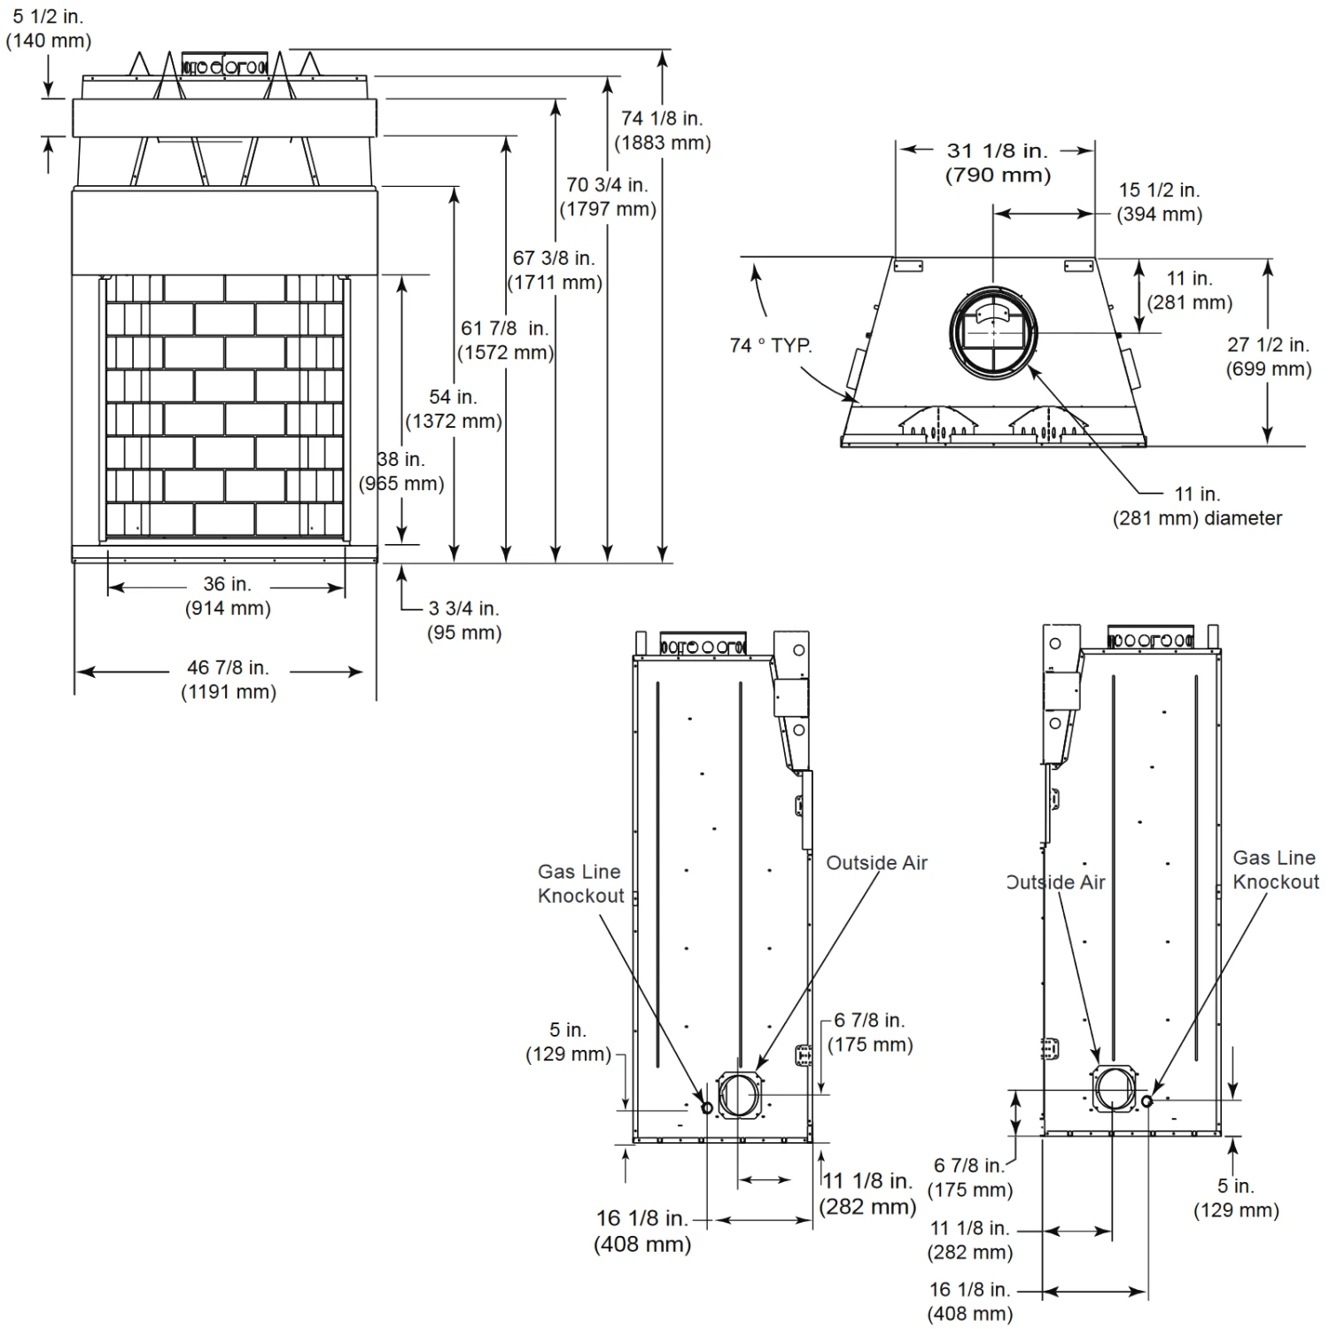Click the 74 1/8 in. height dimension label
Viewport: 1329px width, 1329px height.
(662, 130)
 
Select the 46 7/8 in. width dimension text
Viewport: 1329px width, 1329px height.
(228, 680)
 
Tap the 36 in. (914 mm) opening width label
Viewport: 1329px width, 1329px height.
(228, 596)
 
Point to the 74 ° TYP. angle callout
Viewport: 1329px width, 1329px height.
(771, 346)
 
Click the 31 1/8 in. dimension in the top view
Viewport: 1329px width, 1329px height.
(998, 163)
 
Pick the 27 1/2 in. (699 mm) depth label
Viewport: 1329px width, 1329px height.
(1268, 356)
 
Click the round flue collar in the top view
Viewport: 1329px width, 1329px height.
(993, 332)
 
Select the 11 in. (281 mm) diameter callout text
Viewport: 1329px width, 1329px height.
(1197, 506)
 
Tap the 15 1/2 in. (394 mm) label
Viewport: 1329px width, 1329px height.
(1159, 202)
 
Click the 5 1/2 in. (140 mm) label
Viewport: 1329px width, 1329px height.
(49, 28)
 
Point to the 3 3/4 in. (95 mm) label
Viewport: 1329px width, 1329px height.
(463, 620)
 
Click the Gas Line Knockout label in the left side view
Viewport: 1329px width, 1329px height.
(580, 883)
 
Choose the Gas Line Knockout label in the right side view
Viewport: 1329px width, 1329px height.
(1275, 869)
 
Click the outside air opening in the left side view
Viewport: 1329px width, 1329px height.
(738, 1095)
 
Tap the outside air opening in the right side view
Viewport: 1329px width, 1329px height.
(1115, 1088)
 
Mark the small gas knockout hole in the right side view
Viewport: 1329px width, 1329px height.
(1146, 1100)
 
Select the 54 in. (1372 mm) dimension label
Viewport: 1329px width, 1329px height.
(453, 408)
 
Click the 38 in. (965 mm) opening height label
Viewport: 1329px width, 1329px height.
(401, 471)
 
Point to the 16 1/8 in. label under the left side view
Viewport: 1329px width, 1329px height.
(641, 1231)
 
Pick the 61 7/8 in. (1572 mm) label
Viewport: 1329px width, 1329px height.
(505, 340)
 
